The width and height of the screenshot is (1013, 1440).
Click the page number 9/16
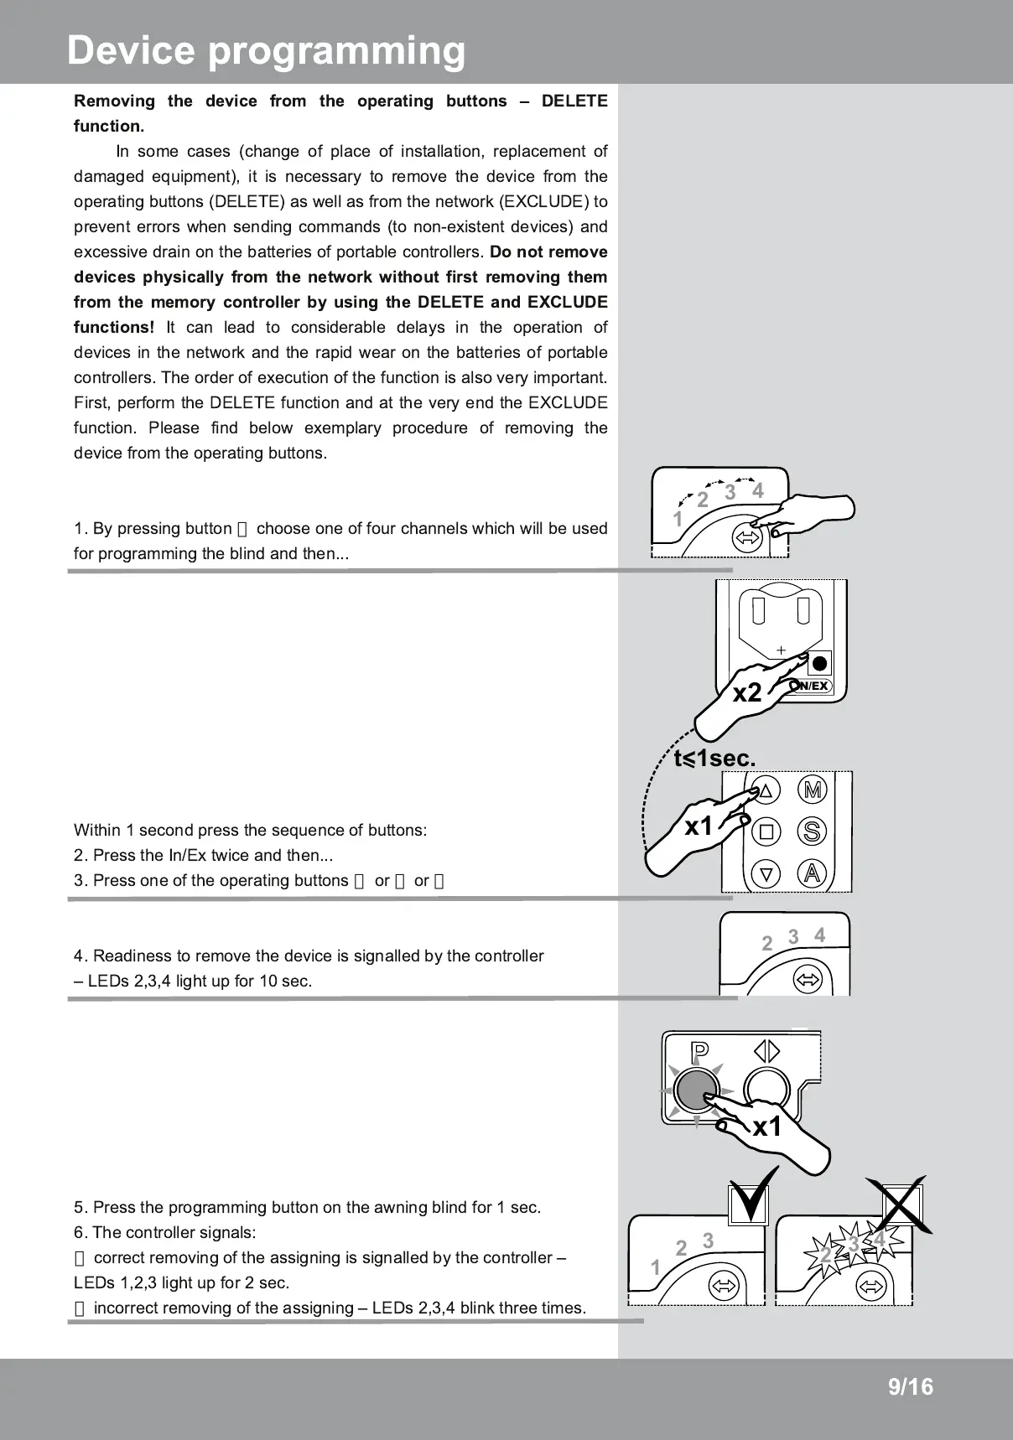(910, 1387)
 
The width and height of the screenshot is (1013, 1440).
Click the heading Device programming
(266, 50)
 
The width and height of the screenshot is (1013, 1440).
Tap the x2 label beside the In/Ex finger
(747, 693)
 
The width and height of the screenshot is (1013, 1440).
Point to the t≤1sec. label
(714, 759)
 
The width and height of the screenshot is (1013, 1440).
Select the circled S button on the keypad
(812, 831)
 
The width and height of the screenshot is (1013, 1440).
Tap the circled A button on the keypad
(812, 873)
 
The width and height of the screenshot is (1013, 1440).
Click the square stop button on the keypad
(766, 831)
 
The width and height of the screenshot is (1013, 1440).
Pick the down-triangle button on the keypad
(766, 873)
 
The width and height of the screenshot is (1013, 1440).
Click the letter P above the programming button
(699, 1052)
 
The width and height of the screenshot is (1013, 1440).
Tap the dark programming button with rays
(696, 1090)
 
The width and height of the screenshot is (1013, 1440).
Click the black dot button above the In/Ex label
(819, 664)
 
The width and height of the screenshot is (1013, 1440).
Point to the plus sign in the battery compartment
(781, 650)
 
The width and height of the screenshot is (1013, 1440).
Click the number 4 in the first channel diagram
(758, 491)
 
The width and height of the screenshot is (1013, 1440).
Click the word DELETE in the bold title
(574, 101)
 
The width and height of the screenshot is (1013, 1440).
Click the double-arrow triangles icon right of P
(766, 1051)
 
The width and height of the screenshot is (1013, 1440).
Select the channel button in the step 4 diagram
(808, 978)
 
